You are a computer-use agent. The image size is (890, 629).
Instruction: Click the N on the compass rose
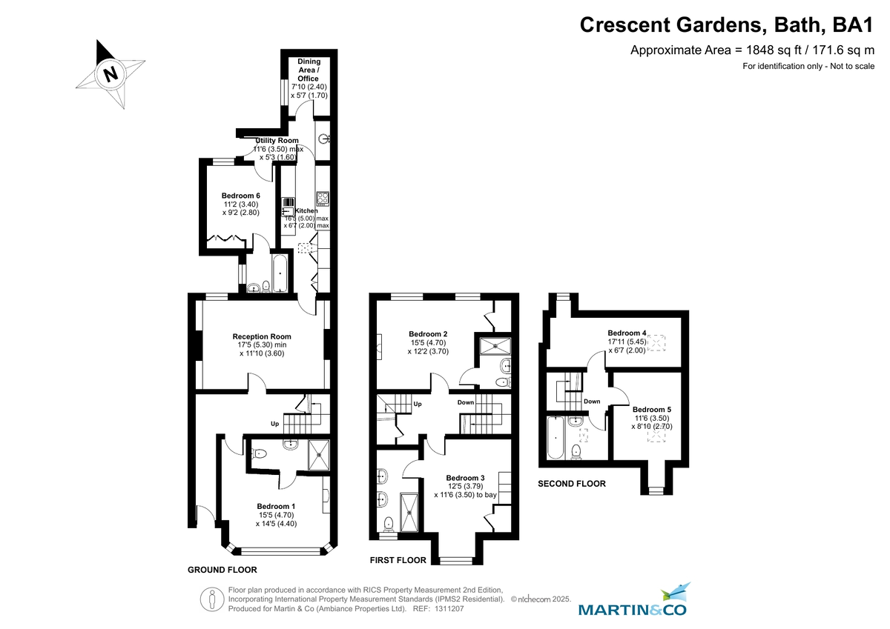point(111,74)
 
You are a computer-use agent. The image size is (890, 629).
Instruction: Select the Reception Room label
point(262,336)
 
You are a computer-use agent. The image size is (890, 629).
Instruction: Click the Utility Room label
point(277,141)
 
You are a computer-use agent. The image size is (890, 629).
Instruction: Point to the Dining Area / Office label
point(309,70)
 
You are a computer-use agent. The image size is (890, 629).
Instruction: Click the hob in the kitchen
point(323,199)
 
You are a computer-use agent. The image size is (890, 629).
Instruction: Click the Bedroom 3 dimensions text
point(465,490)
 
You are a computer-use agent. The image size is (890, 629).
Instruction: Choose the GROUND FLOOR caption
point(222,570)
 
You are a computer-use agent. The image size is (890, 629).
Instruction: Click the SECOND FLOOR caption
point(571,484)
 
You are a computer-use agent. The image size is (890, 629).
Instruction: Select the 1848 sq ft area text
point(753,50)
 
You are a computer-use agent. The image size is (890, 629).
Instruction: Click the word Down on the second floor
point(591,402)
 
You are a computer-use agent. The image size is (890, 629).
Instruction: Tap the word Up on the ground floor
point(274,425)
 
